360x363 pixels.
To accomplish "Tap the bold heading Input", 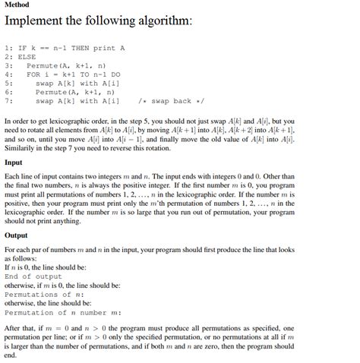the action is coord(14,163).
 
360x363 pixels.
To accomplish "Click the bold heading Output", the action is coord(17,235).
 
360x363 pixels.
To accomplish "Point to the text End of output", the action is coord(33,276).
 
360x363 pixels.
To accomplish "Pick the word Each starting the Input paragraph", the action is coord(11,176).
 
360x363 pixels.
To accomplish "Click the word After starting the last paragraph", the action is coord(13,328).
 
